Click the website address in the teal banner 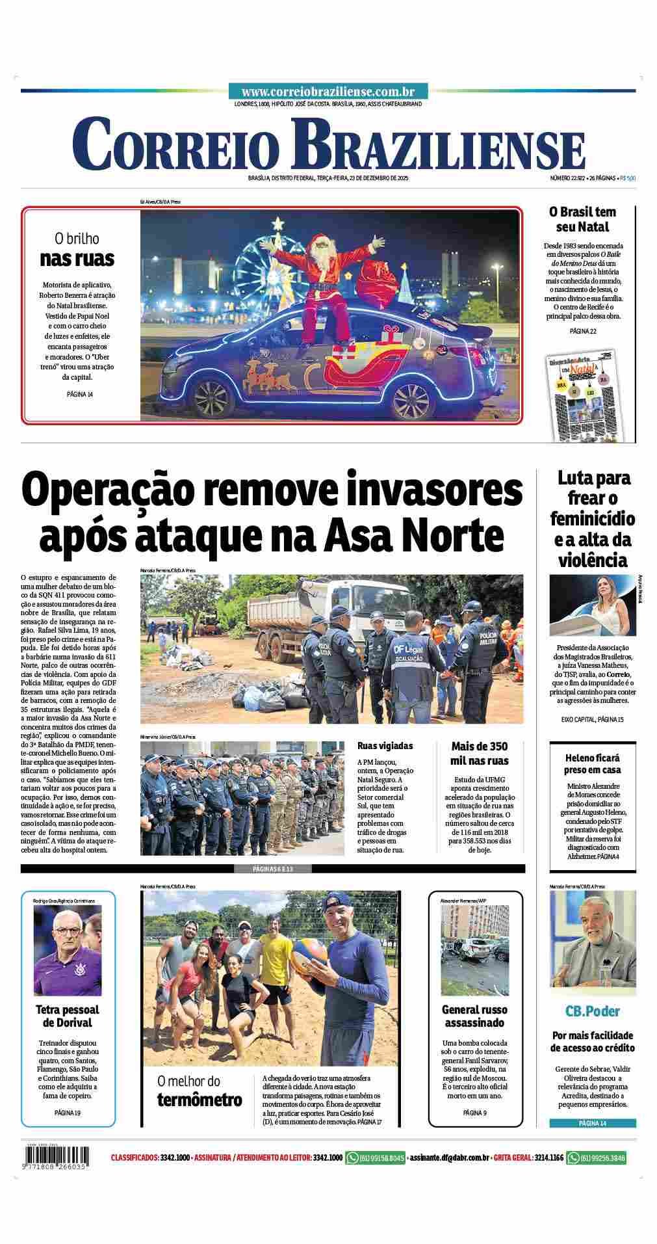click(x=328, y=92)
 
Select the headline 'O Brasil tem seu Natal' click(x=582, y=219)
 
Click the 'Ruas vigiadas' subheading click(x=385, y=746)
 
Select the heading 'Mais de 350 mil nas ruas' click(x=480, y=753)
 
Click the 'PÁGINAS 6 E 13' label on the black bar click(x=272, y=869)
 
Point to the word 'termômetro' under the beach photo click(x=199, y=1100)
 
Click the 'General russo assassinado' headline click(x=475, y=1016)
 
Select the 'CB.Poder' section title click(x=592, y=1011)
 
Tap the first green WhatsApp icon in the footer click(x=352, y=1158)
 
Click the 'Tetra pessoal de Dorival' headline click(x=67, y=1016)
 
